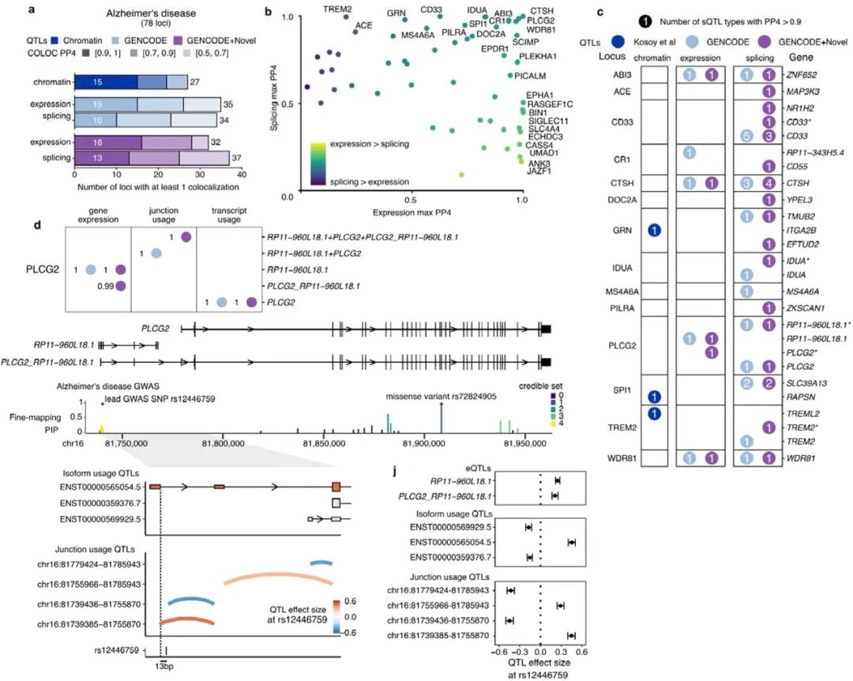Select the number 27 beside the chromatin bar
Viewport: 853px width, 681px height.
point(198,81)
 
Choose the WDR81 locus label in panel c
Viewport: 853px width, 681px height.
point(618,458)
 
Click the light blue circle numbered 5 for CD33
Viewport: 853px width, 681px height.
point(746,136)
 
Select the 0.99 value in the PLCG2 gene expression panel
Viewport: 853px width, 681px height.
point(103,286)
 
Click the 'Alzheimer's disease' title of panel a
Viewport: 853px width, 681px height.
point(157,13)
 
